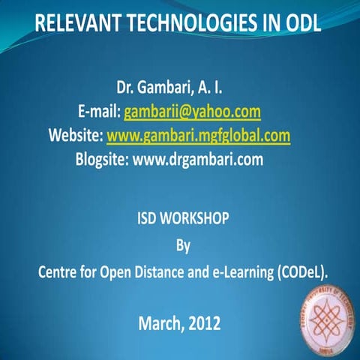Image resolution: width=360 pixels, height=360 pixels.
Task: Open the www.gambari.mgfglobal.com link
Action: coord(198,136)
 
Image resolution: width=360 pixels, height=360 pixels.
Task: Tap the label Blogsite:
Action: coord(102,159)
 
